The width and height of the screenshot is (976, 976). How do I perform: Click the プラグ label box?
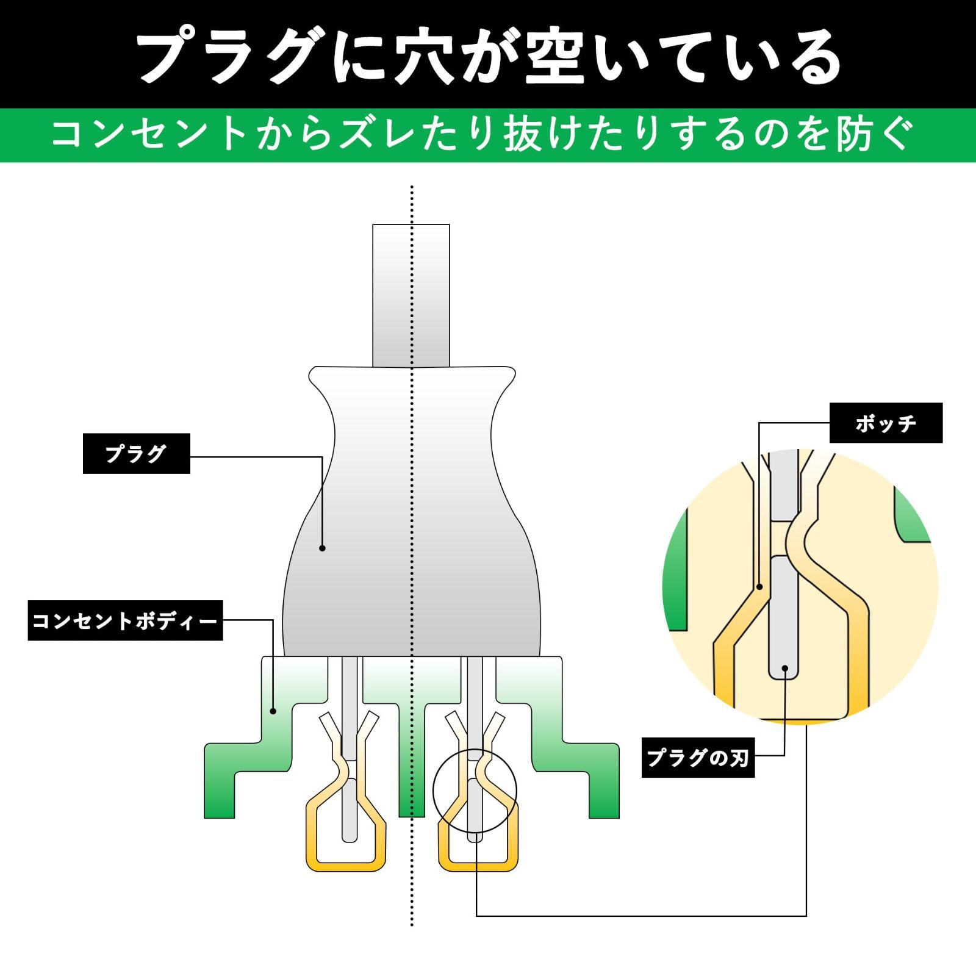pyautogui.click(x=136, y=453)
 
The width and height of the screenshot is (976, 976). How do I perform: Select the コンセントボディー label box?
pyautogui.click(x=125, y=620)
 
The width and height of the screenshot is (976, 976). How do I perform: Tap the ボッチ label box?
pyautogui.click(x=886, y=423)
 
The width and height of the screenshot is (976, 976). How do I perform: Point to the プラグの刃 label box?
pyautogui.click(x=698, y=758)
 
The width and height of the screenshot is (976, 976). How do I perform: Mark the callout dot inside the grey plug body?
pyautogui.click(x=322, y=548)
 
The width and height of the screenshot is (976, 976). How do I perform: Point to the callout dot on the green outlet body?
pyautogui.click(x=273, y=711)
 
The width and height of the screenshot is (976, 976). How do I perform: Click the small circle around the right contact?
pyautogui.click(x=475, y=791)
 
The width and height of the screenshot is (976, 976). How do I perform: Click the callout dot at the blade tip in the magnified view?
pyautogui.click(x=786, y=668)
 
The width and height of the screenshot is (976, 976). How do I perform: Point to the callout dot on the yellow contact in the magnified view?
pyautogui.click(x=760, y=587)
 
